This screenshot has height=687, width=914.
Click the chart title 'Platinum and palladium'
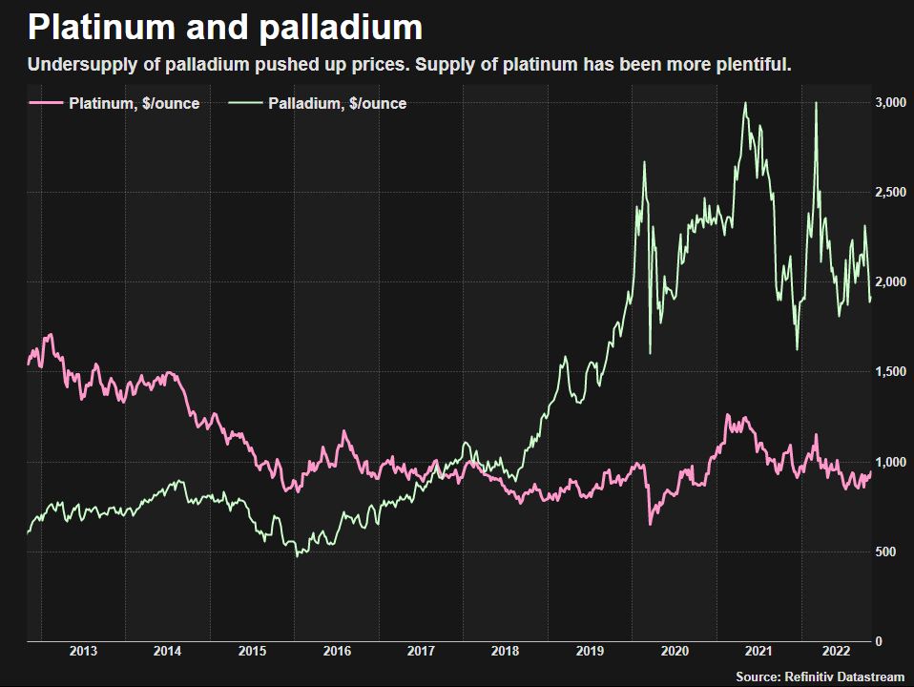[x=225, y=28]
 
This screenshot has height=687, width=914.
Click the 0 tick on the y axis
[x=879, y=642]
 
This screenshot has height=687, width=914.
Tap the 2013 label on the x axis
[x=83, y=652]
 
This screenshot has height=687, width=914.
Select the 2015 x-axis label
[x=252, y=652]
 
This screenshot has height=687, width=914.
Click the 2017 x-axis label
[x=421, y=652]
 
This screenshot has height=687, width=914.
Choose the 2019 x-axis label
[x=590, y=652]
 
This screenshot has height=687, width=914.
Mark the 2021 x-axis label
[x=758, y=652]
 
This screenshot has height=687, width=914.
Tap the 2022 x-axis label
[x=837, y=652]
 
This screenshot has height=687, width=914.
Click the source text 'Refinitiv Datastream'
[x=844, y=676]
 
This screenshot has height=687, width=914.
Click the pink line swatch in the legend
[x=47, y=103]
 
